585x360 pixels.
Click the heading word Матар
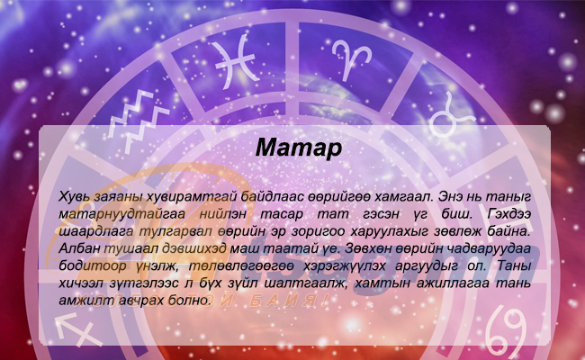pyautogui.click(x=299, y=148)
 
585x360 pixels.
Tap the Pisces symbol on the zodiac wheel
pyautogui.click(x=236, y=61)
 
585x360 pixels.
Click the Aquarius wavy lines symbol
pyautogui.click(x=138, y=120)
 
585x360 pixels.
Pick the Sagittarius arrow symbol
pyautogui.click(x=77, y=329)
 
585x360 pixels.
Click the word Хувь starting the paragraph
pyautogui.click(x=74, y=196)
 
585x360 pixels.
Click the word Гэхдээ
pyautogui.click(x=508, y=214)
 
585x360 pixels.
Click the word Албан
pyautogui.click(x=77, y=248)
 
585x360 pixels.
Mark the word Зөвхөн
pyautogui.click(x=366, y=248)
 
